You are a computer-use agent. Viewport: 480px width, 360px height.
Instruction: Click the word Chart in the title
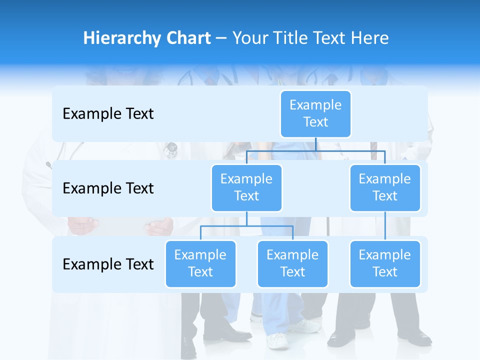(187, 38)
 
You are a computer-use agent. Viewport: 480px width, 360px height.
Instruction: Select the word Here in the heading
(369, 38)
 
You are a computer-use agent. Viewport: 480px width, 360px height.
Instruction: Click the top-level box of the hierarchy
(315, 113)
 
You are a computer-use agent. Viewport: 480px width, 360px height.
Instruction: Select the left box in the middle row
(246, 187)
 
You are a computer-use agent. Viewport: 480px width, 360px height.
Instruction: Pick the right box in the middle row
(385, 187)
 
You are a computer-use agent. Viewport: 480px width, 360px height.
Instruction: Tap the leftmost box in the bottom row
(200, 263)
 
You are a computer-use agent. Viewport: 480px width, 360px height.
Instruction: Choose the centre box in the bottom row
(292, 263)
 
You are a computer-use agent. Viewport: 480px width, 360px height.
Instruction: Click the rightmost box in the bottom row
(385, 263)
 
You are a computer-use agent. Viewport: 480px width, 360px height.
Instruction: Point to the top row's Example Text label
(108, 114)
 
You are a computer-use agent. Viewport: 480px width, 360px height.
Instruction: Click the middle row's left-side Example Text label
(108, 188)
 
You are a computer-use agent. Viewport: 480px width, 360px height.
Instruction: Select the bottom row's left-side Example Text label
(108, 264)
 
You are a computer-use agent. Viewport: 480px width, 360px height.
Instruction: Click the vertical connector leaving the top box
(316, 144)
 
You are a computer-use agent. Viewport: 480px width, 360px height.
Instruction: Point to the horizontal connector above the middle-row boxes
(316, 150)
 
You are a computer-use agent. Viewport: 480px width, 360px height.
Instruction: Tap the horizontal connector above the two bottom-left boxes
(246, 226)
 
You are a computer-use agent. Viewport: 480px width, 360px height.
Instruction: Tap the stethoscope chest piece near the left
(171, 147)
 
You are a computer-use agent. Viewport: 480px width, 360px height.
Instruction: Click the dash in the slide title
(221, 38)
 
